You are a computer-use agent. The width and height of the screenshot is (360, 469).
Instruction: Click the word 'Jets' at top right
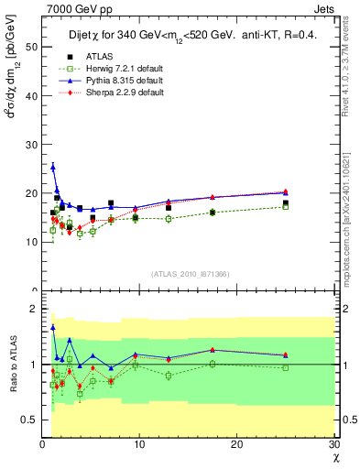tap(325, 8)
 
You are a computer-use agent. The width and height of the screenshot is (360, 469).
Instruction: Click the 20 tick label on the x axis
tap(236, 444)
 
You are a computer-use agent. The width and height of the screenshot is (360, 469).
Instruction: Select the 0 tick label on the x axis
tap(42, 444)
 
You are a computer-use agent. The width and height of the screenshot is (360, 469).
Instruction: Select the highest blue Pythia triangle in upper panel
tap(53, 167)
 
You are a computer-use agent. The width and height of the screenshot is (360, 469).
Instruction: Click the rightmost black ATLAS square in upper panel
tap(286, 203)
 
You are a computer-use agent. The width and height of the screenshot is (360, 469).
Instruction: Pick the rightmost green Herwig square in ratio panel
tap(286, 368)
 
